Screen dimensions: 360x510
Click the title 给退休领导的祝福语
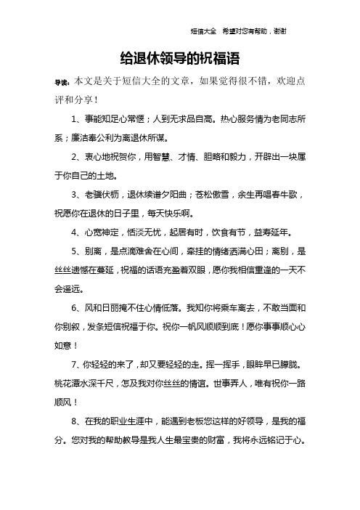179,57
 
